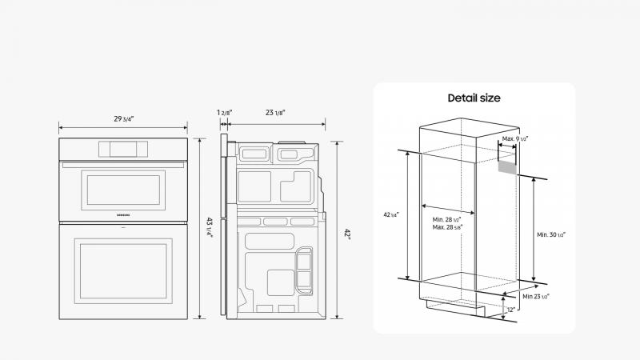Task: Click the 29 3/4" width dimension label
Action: pos(123,119)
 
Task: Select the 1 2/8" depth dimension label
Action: pos(223,113)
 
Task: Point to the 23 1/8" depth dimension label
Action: pos(277,113)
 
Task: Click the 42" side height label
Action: pos(347,233)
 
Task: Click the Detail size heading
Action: pos(474,98)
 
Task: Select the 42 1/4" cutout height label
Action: pos(391,214)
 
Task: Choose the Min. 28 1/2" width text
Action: pos(448,219)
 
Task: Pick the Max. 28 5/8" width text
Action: pos(448,227)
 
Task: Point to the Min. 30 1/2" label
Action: pos(551,234)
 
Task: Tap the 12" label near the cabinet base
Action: pos(511,309)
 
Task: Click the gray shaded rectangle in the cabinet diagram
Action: pos(506,166)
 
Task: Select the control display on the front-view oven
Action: pos(123,148)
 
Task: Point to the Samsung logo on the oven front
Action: pos(123,215)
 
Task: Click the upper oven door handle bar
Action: pos(123,165)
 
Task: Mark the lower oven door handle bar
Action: pos(123,234)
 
